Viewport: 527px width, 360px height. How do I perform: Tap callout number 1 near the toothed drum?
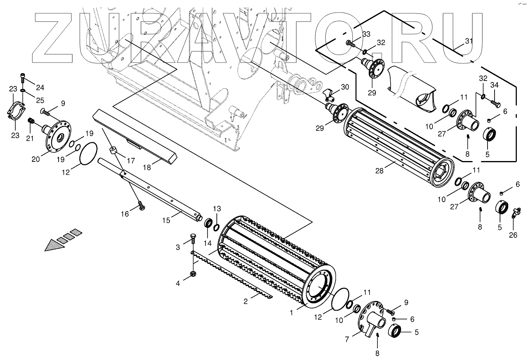[x=291, y=313]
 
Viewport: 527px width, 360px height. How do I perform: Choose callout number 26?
[x=513, y=235]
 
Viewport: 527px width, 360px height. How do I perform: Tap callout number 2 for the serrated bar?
[x=246, y=301]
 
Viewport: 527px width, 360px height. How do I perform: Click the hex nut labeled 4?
[x=193, y=274]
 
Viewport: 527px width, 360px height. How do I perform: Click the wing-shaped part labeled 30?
[x=329, y=93]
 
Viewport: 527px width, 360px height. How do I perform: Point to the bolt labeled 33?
[x=349, y=43]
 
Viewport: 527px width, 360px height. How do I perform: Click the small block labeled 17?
[x=113, y=150]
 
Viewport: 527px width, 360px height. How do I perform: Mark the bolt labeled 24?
[x=22, y=78]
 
